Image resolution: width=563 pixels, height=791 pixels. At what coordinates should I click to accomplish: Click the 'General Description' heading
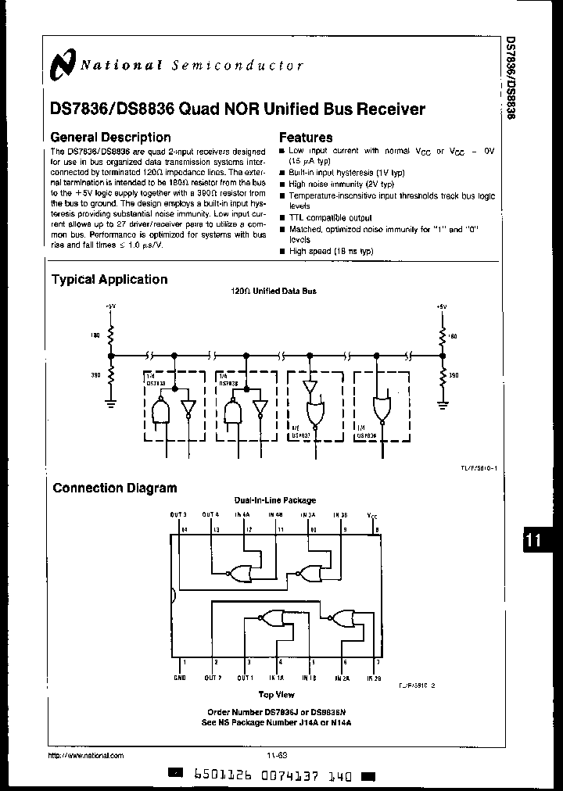click(x=110, y=137)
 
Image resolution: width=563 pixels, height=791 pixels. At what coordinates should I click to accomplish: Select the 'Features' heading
click(x=306, y=137)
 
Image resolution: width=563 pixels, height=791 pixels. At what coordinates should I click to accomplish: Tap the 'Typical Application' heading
click(x=109, y=279)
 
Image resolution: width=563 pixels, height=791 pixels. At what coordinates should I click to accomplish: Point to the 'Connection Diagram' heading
click(x=115, y=488)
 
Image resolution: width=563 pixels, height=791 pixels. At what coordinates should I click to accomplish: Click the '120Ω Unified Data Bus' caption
click(x=274, y=291)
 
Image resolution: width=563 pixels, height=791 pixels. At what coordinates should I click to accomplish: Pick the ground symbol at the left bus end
click(x=110, y=404)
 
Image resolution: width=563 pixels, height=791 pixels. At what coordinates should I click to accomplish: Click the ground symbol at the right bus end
click(x=443, y=404)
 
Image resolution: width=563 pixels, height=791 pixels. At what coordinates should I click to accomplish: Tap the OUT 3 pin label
click(x=178, y=514)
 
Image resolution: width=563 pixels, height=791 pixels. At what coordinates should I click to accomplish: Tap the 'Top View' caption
click(x=276, y=693)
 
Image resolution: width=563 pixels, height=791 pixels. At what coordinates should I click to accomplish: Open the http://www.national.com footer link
click(x=86, y=756)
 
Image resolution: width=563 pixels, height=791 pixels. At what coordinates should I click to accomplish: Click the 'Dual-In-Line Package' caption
click(x=274, y=500)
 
